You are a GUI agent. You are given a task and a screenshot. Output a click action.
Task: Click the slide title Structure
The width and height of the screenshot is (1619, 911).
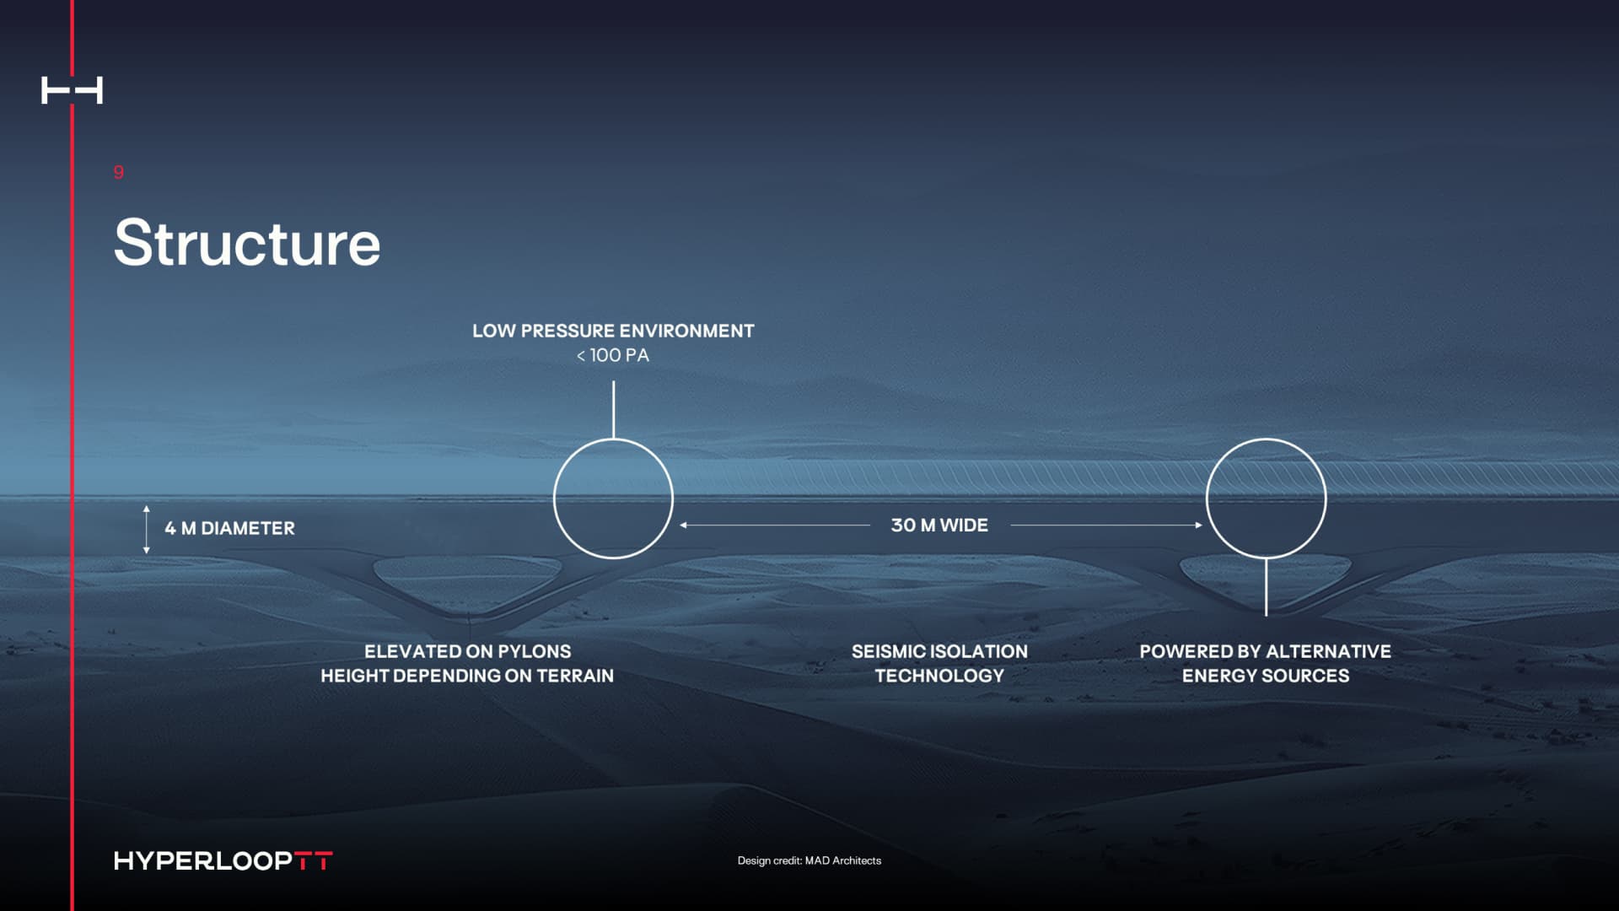click(x=247, y=243)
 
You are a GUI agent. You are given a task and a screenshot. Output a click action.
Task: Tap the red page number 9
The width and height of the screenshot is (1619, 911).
click(x=119, y=172)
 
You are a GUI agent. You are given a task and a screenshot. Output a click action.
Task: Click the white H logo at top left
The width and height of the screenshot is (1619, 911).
click(x=72, y=90)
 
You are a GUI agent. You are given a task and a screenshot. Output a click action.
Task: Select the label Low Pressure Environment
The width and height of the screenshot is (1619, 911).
click(x=613, y=331)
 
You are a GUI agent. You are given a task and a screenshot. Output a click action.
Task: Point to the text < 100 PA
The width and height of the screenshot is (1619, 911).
click(x=613, y=355)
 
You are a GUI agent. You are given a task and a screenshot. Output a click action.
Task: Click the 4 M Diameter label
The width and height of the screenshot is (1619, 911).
click(x=229, y=528)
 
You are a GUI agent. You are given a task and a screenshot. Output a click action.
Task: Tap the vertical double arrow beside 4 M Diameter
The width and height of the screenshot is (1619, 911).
click(x=147, y=530)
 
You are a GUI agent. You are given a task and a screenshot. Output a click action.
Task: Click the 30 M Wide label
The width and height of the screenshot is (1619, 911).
click(x=939, y=525)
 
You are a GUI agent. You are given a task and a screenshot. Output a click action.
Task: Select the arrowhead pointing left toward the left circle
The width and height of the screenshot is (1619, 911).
click(x=684, y=525)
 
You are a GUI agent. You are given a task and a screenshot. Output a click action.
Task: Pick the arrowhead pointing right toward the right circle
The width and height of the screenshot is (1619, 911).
click(x=1198, y=525)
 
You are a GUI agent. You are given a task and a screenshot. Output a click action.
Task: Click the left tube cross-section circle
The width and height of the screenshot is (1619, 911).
click(x=613, y=499)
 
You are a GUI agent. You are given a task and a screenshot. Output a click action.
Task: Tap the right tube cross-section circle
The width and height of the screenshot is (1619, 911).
click(x=1266, y=499)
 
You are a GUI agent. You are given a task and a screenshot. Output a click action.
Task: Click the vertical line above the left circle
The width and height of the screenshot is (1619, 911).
click(x=613, y=409)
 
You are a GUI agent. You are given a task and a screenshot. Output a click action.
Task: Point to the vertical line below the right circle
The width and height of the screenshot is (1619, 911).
click(x=1266, y=586)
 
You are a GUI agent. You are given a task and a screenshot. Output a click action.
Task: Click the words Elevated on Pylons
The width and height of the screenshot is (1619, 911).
click(x=467, y=651)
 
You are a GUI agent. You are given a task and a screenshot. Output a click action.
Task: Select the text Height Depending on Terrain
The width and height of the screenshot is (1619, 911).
click(x=467, y=676)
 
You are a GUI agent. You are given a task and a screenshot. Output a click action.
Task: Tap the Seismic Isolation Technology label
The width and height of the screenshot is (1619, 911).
click(x=939, y=663)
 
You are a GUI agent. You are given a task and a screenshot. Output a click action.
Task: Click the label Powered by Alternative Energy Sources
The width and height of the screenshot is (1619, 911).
click(x=1265, y=663)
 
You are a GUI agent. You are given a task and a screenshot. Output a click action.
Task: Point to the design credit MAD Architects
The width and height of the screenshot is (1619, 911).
click(x=809, y=860)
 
